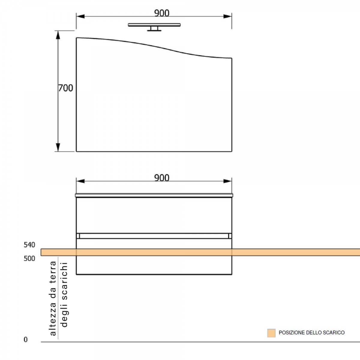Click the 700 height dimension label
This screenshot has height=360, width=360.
click(x=66, y=88)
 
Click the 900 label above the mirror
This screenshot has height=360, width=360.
click(x=162, y=13)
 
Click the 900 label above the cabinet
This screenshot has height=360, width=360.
click(x=162, y=178)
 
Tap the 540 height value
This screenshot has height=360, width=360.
click(x=29, y=245)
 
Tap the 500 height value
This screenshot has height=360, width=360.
click(x=29, y=259)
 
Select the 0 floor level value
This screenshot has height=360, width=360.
click(x=25, y=339)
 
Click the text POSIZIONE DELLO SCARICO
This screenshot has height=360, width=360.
click(x=312, y=332)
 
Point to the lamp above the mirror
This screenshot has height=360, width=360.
click(x=154, y=27)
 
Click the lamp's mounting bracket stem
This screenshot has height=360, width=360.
click(x=154, y=28)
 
